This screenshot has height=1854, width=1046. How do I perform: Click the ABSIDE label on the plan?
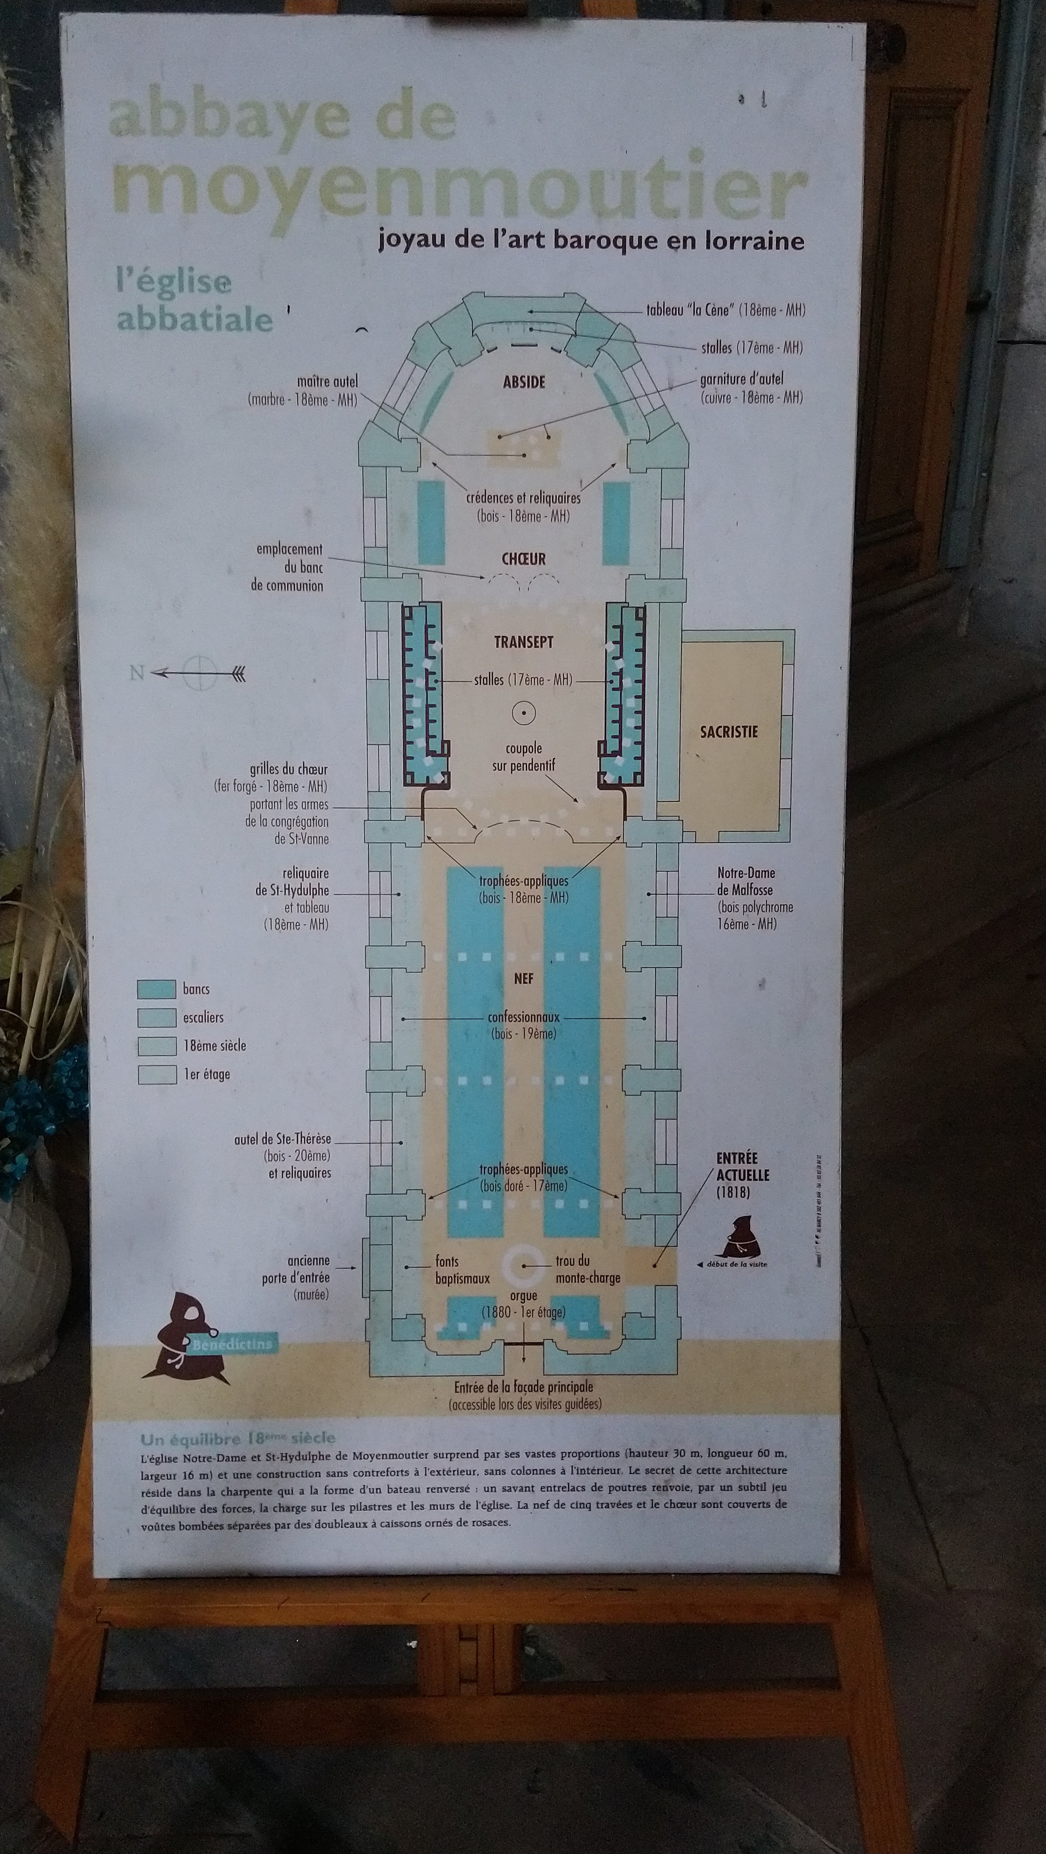point(523,382)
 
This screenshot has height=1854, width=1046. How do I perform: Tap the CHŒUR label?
point(523,559)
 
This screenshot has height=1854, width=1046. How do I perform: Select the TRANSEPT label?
point(523,642)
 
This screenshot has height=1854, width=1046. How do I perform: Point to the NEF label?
point(523,979)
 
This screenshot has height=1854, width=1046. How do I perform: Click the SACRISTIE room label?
point(728,732)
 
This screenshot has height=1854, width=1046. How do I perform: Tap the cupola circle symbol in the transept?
point(523,713)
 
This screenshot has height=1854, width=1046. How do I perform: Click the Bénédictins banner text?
point(232,1344)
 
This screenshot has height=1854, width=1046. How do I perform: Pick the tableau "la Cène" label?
point(725,310)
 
